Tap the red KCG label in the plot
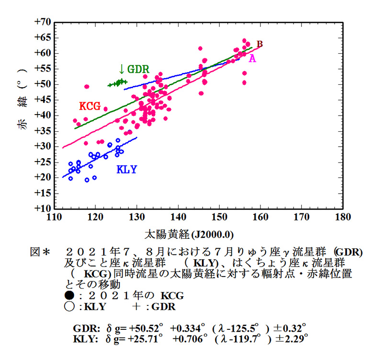90,106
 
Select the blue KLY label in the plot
127,169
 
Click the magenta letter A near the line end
252,58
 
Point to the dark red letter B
259,44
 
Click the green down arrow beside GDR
122,69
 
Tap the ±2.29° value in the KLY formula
292,339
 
